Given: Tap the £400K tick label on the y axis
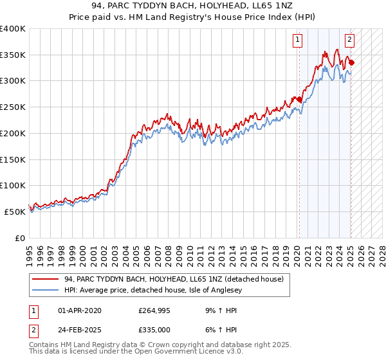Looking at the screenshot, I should pyautogui.click(x=13, y=28).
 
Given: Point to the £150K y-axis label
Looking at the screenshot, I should pyautogui.click(x=13, y=159).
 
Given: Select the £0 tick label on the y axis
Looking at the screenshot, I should pyautogui.click(x=20, y=238).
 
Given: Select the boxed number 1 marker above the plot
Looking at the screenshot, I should pyautogui.click(x=299, y=40).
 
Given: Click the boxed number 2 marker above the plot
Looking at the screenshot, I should pyautogui.click(x=349, y=40).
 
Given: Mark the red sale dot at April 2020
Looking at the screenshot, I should pyautogui.click(x=299, y=100).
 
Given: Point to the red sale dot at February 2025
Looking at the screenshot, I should pyautogui.click(x=351, y=62).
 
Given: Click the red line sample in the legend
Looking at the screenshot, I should pyautogui.click(x=46, y=278).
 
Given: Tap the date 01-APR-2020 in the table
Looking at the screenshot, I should pyautogui.click(x=80, y=311).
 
